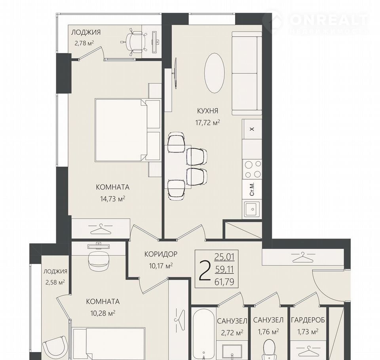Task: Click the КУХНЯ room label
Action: [207, 111]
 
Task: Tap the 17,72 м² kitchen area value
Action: [207, 122]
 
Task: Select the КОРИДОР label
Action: [161, 254]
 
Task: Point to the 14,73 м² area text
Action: [112, 199]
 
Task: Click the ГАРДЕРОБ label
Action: [308, 320]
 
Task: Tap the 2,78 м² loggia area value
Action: [84, 43]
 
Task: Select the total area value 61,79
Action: [224, 282]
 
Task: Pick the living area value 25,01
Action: [224, 257]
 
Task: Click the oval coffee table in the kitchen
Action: [215, 73]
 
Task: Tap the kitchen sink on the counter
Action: [252, 209]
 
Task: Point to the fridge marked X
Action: [252, 129]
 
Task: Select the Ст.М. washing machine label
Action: [252, 189]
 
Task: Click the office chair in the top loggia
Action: [134, 42]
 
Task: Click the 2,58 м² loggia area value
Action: [55, 282]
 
